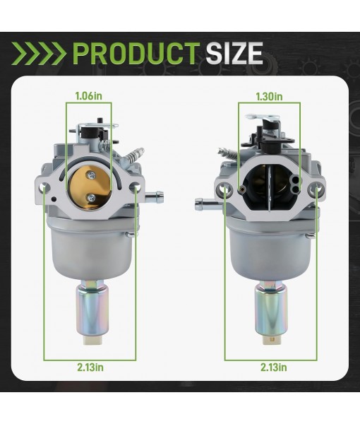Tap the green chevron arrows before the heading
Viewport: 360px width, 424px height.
coord(40,53)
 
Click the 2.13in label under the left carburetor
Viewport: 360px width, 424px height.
coord(90,367)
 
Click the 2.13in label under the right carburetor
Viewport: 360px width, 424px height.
coord(273,367)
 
